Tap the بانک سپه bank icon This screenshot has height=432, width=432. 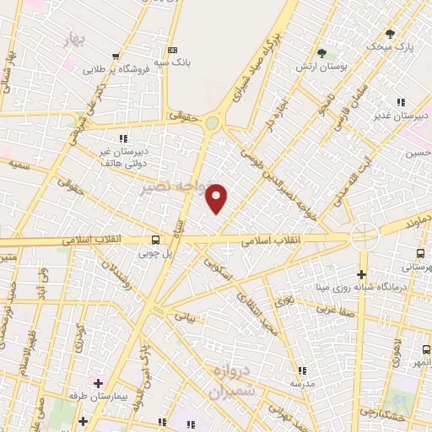[172, 50]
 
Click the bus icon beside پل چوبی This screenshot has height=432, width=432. [154, 239]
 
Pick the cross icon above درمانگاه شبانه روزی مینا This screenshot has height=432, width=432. [362, 274]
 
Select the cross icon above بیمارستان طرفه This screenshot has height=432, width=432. [99, 383]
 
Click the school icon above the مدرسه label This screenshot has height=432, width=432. [301, 370]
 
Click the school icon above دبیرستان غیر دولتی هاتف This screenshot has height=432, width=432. [124, 138]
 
